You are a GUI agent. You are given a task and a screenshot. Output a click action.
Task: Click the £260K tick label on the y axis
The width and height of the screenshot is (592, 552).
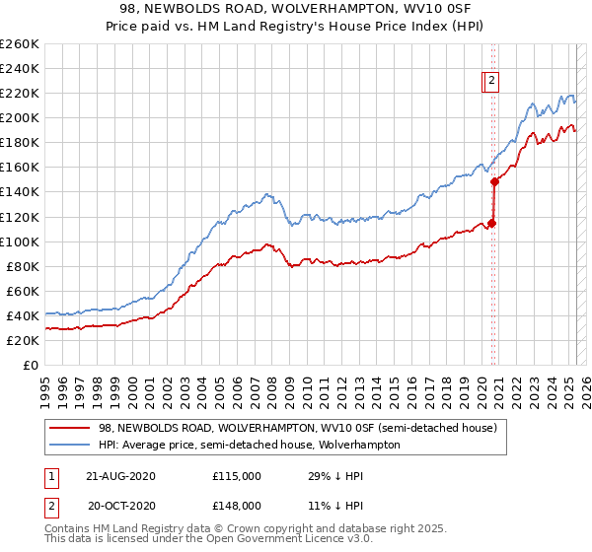click(20, 44)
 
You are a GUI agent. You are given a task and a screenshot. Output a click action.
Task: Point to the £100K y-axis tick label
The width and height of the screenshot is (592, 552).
click(20, 241)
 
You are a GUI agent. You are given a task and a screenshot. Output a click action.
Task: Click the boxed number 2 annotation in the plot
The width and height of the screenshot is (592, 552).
click(491, 82)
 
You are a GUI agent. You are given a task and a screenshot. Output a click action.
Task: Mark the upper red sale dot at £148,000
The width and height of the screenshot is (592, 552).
click(494, 182)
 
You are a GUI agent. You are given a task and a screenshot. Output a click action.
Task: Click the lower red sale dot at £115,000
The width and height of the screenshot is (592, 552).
click(492, 223)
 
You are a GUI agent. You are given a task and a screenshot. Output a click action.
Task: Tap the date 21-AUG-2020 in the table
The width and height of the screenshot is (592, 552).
click(121, 476)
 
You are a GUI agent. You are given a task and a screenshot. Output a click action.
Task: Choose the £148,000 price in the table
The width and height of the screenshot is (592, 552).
click(236, 506)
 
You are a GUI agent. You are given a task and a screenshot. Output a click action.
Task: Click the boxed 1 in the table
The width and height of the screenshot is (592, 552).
click(50, 476)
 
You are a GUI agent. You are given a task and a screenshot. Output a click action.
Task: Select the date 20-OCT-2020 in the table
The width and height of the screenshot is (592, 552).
click(121, 506)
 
